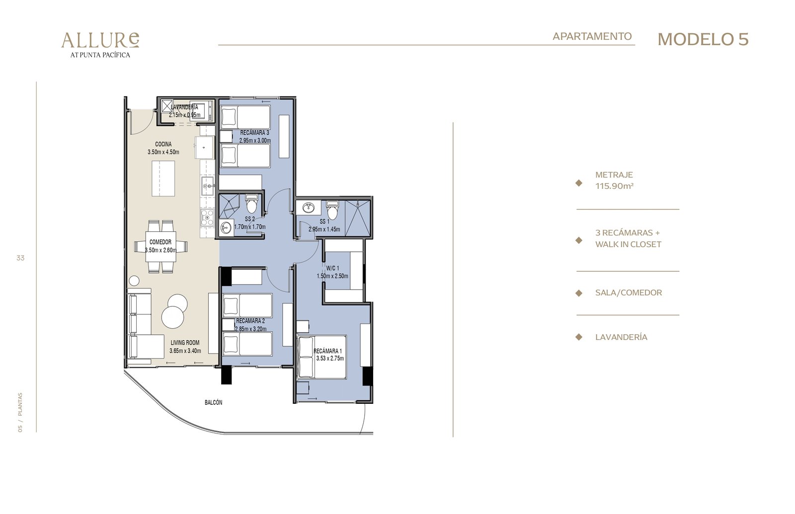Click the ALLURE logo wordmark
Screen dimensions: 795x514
100,40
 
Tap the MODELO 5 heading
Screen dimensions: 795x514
703,39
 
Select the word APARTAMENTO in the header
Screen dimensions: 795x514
592,36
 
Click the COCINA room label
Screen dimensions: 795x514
163,144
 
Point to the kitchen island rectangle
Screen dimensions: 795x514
163,178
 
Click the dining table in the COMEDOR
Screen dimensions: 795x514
161,246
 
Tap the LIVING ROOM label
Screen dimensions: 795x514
185,343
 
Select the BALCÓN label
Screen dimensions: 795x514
213,402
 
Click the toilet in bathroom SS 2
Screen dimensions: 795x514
251,203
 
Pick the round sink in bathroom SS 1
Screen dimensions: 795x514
309,207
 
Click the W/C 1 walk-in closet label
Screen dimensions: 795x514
332,268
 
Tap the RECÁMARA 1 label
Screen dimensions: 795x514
328,351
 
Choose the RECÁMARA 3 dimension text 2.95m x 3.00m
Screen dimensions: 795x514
255,141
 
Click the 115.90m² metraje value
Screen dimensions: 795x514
614,186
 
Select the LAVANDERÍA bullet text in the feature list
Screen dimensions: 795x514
621,337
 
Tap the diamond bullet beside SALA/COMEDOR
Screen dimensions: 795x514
578,293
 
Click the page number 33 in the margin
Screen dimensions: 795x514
20,258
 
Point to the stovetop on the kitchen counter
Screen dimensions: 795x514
207,218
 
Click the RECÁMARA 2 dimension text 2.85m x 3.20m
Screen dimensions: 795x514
250,329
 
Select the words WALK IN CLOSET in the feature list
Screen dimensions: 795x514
628,244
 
